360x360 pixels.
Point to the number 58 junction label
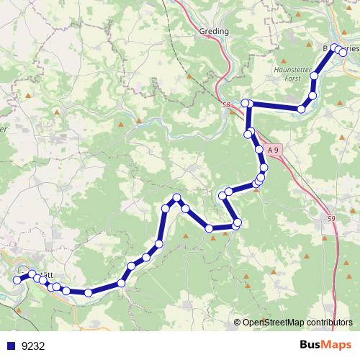pos(226,105)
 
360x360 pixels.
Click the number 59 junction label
pos(330,219)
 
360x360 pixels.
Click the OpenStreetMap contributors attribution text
pos(297,323)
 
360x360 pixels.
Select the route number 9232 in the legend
pos(33,345)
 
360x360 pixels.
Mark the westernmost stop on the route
pos(18,280)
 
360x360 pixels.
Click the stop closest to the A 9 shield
pos(259,150)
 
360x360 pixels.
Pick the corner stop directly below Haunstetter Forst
pos(302,109)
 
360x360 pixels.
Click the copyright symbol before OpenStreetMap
pos(238,323)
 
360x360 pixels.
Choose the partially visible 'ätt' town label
pos(48,275)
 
